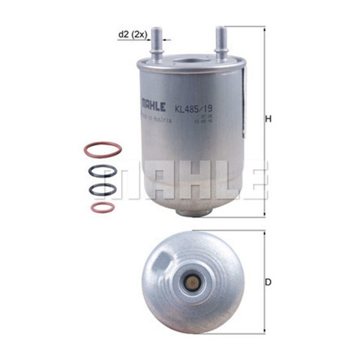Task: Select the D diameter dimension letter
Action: [268, 282]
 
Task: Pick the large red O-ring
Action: [102, 150]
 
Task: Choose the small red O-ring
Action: [102, 207]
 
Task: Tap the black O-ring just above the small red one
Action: [102, 190]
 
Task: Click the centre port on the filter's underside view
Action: [192, 282]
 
